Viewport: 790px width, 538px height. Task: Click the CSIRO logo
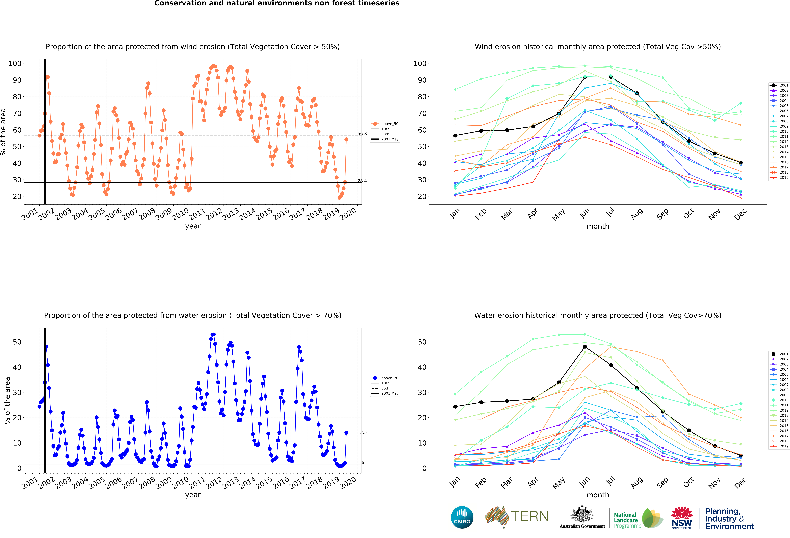pos(462,517)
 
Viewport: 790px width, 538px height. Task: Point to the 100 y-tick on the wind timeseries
pos(15,64)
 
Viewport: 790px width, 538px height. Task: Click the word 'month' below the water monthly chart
pos(598,495)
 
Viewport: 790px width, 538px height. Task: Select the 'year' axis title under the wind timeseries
pos(193,226)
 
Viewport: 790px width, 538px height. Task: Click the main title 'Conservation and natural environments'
pos(277,3)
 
